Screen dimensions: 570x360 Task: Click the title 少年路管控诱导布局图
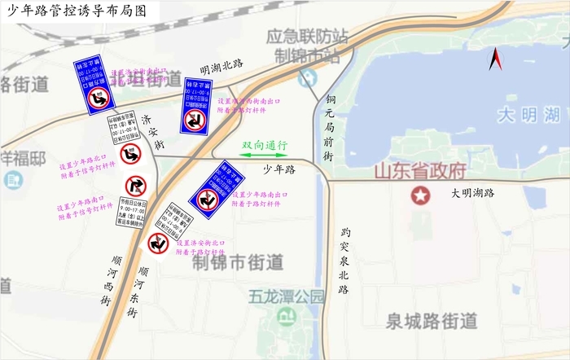[75, 11]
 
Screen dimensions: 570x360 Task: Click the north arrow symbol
[494, 59]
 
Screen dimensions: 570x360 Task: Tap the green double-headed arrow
[264, 155]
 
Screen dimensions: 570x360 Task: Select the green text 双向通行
[265, 144]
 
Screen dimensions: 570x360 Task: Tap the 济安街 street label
[147, 131]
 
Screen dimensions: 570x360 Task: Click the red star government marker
[420, 195]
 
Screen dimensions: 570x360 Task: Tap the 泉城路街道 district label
[432, 321]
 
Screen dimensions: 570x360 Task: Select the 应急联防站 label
[308, 37]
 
